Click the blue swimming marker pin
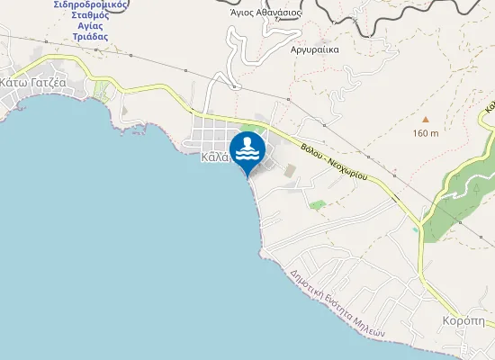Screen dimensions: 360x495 coord(247,149)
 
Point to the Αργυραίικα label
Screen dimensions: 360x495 coord(315,49)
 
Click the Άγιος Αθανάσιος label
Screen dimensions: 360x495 coord(265,13)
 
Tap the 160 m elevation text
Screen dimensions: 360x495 coord(426,133)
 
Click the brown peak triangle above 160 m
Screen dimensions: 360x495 coord(426,119)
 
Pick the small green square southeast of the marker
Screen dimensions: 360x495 coord(316,204)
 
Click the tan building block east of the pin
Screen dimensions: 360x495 coord(289,169)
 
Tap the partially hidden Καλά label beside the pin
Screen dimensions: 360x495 coord(214,156)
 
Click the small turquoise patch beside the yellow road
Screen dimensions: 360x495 coord(416,229)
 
